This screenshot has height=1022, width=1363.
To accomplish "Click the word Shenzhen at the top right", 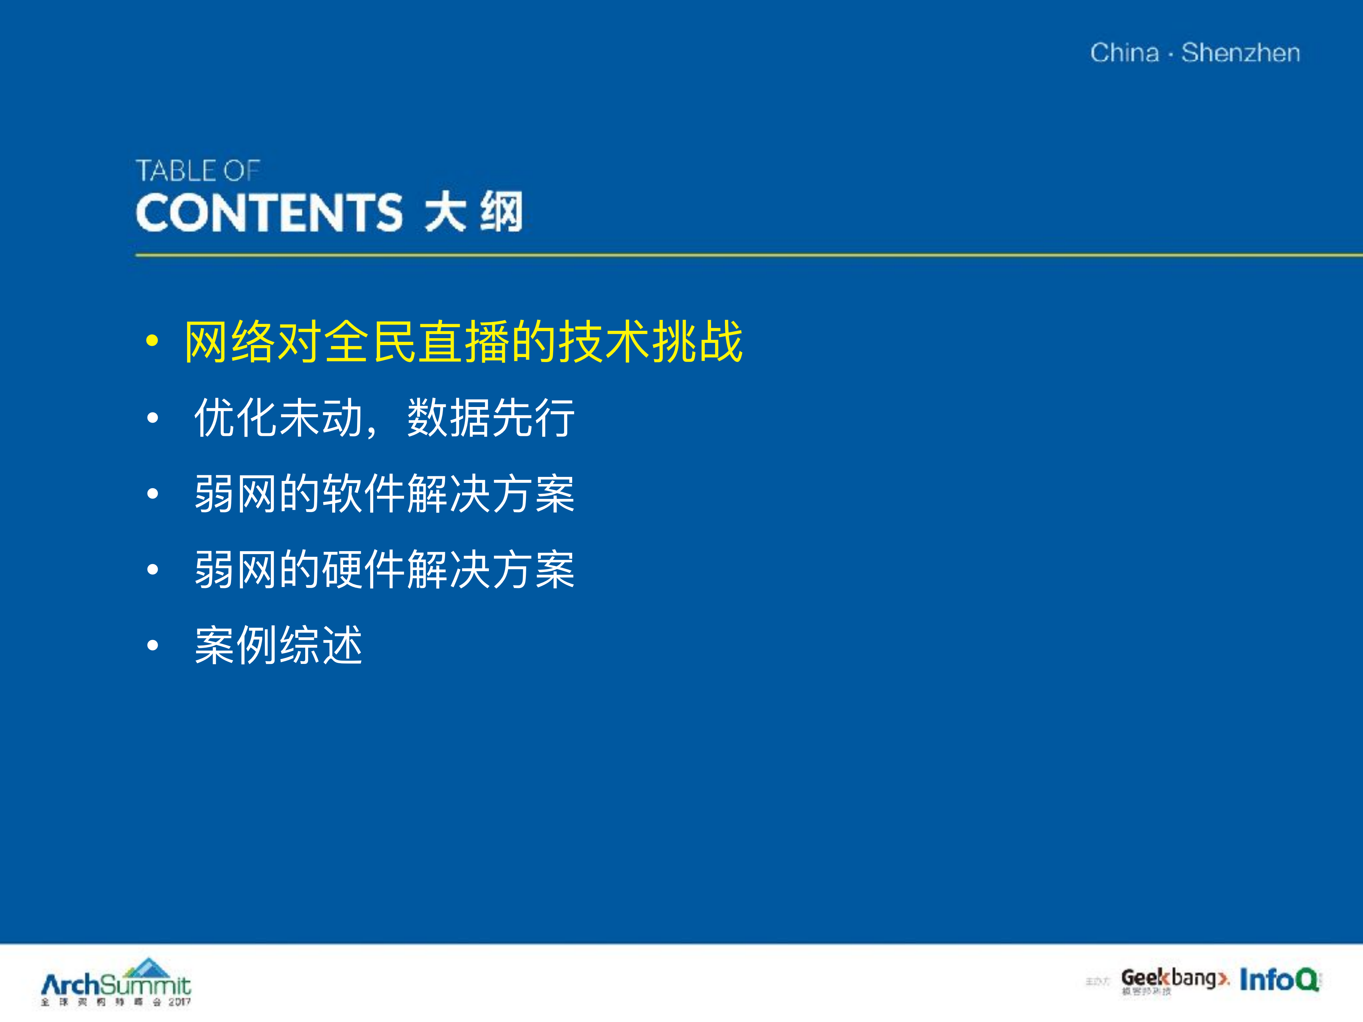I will coord(1241,53).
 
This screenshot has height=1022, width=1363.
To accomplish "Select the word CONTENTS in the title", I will coord(269,213).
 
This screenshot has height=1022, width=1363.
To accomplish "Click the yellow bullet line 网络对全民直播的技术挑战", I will coord(463,342).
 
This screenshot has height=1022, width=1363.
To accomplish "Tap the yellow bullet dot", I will coord(152,341).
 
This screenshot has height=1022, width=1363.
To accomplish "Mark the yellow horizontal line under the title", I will coord(740,255).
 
